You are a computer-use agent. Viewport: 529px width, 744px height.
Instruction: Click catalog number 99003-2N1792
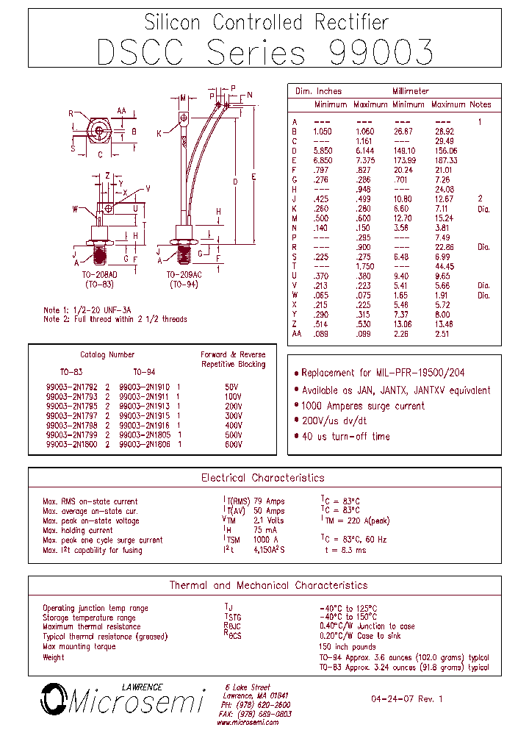[72, 386]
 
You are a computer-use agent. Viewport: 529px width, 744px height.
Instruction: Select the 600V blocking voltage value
[233, 445]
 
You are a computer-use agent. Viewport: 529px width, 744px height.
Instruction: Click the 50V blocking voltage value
[233, 386]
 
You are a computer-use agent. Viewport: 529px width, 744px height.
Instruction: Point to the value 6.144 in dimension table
[365, 150]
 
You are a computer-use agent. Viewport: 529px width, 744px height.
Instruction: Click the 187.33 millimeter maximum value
[445, 160]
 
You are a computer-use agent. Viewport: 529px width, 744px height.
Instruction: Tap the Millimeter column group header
[411, 91]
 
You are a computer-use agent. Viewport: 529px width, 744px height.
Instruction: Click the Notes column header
[481, 104]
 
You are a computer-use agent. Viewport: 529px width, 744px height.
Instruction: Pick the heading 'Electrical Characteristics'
[263, 478]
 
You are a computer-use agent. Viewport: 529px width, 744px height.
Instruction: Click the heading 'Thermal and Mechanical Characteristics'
[268, 585]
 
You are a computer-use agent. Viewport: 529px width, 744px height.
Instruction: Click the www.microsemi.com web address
[248, 722]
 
